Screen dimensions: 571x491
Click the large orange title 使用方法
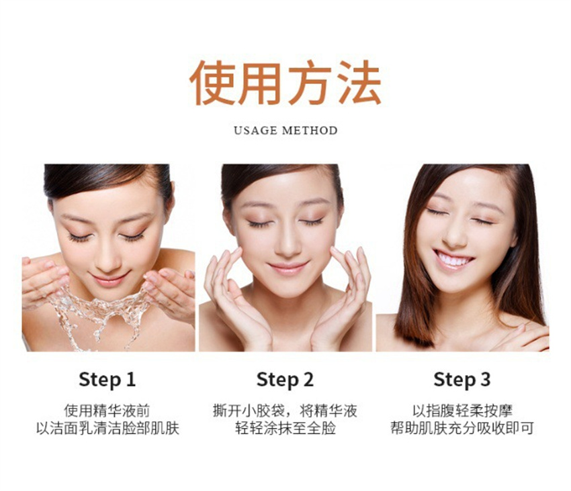285,83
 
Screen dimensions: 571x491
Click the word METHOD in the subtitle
310,130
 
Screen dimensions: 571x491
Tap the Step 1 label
107,380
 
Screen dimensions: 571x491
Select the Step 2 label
285,380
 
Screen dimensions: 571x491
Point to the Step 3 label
462,380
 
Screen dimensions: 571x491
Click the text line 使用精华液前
107,411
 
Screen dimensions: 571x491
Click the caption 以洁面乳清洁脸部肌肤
107,429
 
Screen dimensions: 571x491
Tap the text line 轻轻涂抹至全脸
285,429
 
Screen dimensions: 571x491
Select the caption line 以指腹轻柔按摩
462,411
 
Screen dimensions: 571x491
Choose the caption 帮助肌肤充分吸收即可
462,429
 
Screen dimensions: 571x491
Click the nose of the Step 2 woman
287,243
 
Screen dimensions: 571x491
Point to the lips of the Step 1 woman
110,279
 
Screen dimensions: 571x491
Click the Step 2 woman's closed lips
288,268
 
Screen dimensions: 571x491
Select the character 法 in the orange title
360,83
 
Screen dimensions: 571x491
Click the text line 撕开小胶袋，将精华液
285,411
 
